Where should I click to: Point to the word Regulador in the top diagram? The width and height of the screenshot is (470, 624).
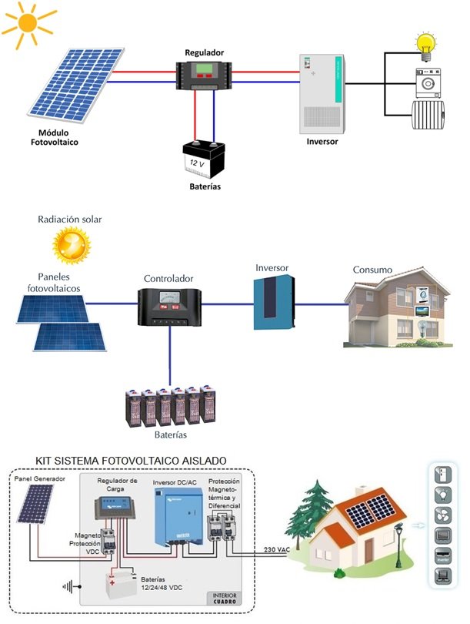[x=205, y=52]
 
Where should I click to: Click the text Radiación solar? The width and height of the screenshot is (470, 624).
[x=69, y=220]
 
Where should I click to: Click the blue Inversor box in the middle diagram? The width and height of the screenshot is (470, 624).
[x=273, y=303]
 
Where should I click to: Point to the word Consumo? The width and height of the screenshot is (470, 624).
[x=372, y=270]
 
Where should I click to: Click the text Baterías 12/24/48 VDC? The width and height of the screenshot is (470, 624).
[x=161, y=582]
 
